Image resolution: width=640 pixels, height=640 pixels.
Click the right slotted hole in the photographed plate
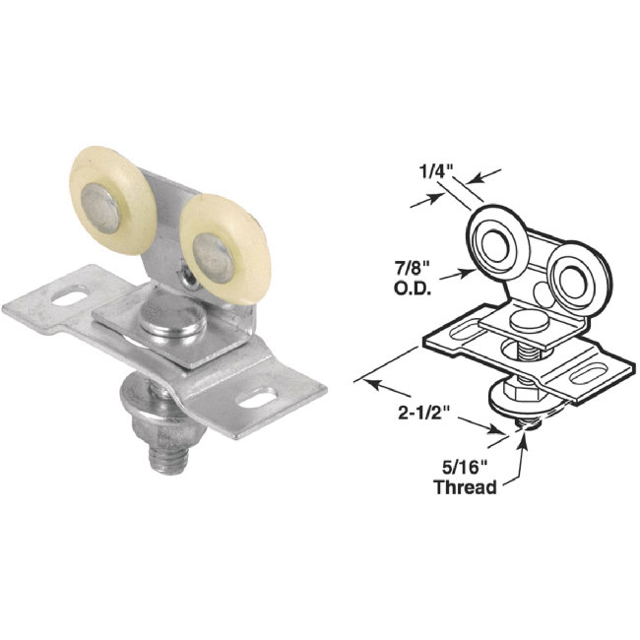pyautogui.click(x=258, y=399)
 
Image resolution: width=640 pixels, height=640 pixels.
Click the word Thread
pyautogui.click(x=463, y=487)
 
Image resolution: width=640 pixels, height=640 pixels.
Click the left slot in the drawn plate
pyautogui.click(x=455, y=332)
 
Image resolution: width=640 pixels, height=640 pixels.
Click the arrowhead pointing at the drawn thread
pyautogui.click(x=523, y=431)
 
